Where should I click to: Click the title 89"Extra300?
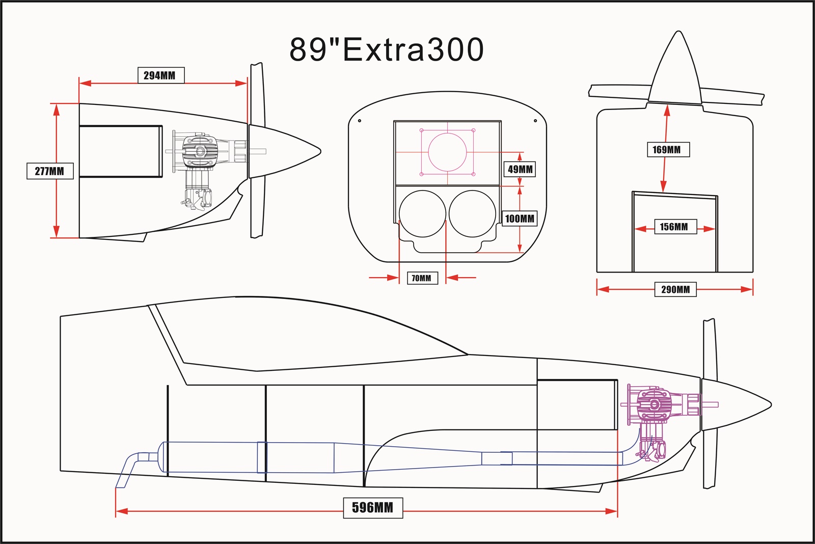pos(386,49)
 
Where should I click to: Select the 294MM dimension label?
pos(160,75)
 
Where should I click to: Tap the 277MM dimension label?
pos(49,171)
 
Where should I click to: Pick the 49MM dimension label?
pos(520,169)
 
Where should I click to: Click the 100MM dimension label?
pos(520,219)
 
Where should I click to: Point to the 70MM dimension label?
pos(422,278)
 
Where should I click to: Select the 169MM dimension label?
pos(667,150)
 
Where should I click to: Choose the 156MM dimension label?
pos(674,227)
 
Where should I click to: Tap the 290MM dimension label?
pos(675,290)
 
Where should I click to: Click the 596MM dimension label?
pos(373,507)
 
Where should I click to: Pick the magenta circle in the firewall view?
pos(447,152)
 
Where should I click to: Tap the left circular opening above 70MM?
pos(422,214)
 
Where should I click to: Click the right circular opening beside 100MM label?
pos(472,214)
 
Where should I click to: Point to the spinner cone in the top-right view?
pos(675,71)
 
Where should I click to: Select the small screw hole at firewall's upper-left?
pos(360,121)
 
